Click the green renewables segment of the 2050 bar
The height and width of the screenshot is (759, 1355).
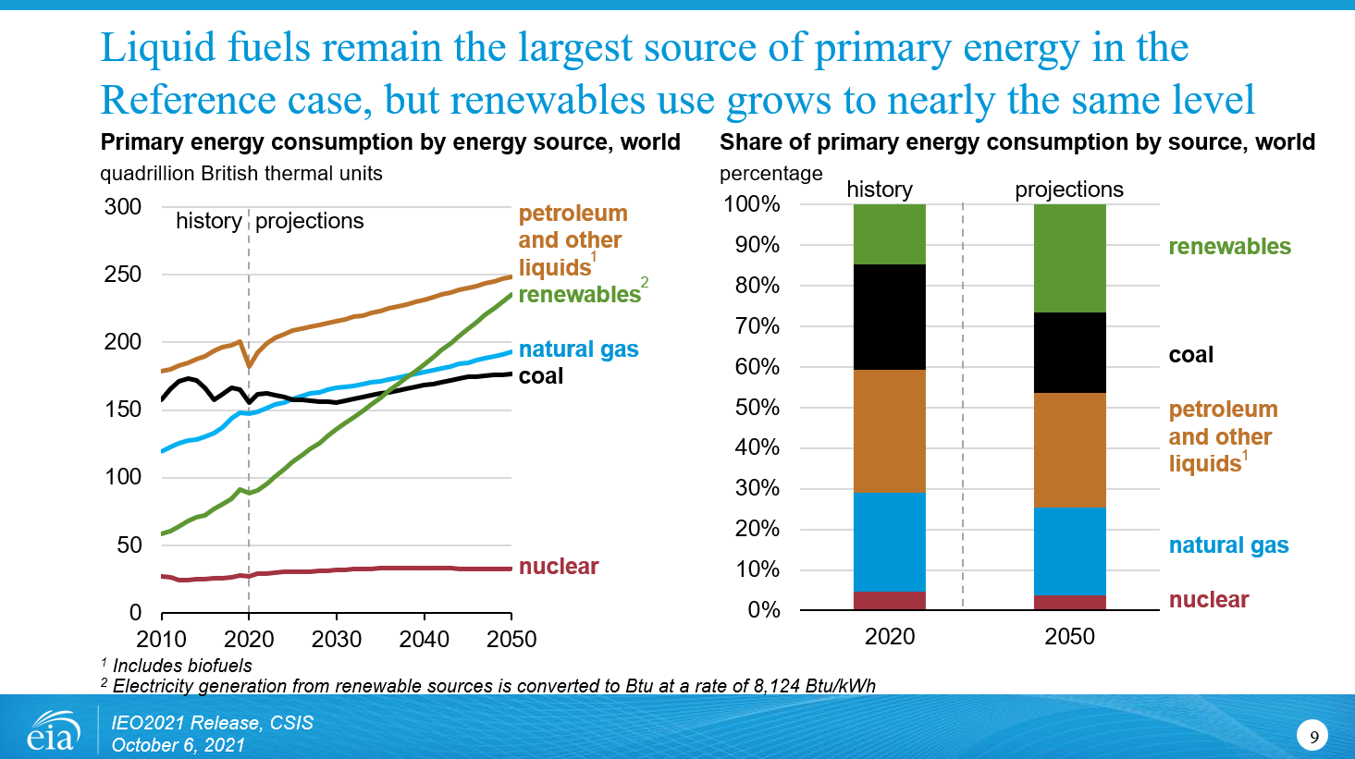click(1069, 258)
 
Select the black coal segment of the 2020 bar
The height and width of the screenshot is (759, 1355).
click(889, 317)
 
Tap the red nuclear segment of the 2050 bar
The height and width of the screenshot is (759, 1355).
click(1069, 602)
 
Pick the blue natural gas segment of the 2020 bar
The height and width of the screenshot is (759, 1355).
click(889, 542)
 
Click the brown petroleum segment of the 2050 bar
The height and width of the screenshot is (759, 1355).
click(1069, 450)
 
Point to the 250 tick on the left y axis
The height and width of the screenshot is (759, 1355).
click(123, 275)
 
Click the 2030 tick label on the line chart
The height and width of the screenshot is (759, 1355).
click(337, 639)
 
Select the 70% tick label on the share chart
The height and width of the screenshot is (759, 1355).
click(758, 325)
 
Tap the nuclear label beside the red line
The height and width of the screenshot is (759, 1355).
click(559, 567)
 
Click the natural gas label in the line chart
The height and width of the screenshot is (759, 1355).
click(578, 349)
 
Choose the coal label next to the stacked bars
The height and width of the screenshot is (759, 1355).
click(1190, 355)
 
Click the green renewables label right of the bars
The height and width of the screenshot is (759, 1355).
click(1229, 247)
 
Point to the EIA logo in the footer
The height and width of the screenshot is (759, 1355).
click(52, 732)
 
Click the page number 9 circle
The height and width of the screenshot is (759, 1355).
click(1313, 737)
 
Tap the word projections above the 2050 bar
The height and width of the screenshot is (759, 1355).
click(1068, 190)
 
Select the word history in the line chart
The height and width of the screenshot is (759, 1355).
click(208, 221)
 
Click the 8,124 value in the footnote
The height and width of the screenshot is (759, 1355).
click(779, 686)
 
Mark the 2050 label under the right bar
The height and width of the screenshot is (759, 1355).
click(1069, 637)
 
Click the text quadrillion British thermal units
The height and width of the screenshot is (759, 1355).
click(241, 174)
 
